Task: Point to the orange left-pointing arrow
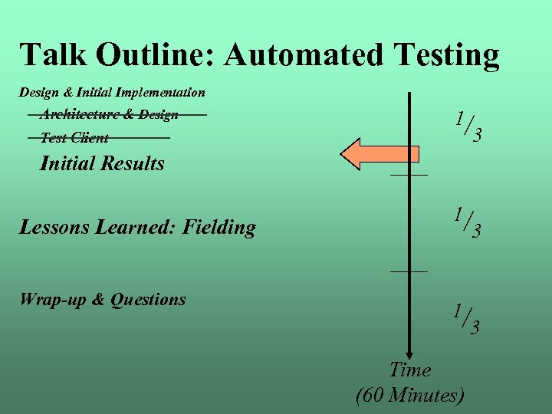(x=379, y=154)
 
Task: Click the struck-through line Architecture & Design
(x=109, y=114)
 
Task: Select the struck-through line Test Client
(x=74, y=138)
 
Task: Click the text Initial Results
(x=102, y=163)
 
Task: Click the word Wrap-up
(x=52, y=300)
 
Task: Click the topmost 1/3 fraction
(x=467, y=127)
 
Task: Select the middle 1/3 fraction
(x=467, y=222)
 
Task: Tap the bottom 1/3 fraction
(x=467, y=319)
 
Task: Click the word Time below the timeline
(x=410, y=370)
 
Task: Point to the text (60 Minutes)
(x=410, y=396)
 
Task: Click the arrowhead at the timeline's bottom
(x=410, y=347)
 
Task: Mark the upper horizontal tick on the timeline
(x=409, y=176)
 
